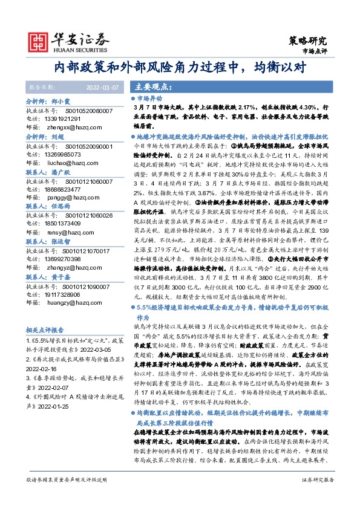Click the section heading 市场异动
click(x=149, y=98)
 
